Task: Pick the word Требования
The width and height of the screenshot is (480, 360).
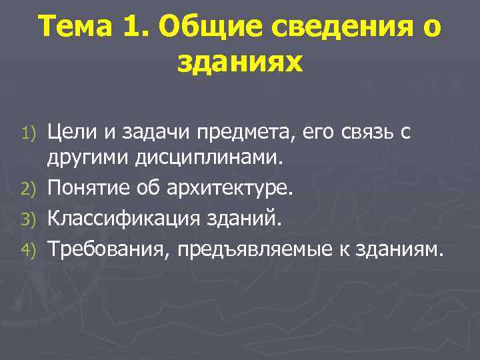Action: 102,249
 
